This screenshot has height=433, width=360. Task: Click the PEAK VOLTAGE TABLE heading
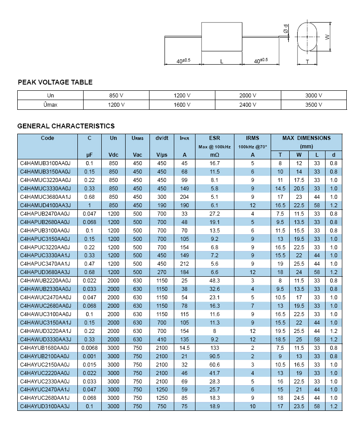point(55,82)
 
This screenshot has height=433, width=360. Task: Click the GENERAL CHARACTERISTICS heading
point(66,126)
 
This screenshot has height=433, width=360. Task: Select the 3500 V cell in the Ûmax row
point(314,105)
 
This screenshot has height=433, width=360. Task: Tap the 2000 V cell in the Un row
point(248,96)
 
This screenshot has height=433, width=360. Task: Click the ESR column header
point(214,138)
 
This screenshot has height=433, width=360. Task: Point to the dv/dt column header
point(162,138)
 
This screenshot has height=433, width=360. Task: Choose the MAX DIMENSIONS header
point(306,138)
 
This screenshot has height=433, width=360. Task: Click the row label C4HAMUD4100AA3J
point(46,205)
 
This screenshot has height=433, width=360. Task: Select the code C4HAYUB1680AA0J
point(45,348)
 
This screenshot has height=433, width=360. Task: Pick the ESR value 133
point(214,348)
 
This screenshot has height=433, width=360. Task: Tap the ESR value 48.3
point(214,281)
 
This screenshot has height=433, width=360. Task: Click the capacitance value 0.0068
point(89,348)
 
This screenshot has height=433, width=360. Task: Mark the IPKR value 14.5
point(184,348)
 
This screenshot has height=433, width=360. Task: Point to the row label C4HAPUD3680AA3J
point(46,272)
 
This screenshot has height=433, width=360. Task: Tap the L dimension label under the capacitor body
point(222,62)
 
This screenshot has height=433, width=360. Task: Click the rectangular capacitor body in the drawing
point(222,37)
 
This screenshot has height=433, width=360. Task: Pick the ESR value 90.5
point(214,356)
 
